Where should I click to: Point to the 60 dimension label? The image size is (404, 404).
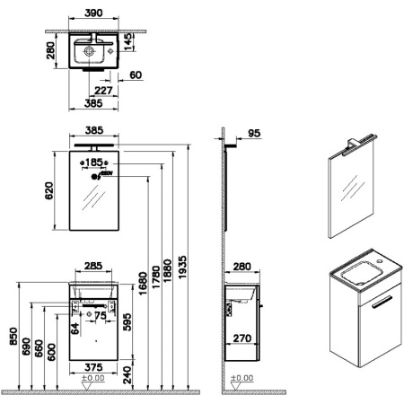136,76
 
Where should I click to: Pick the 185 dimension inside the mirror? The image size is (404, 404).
94,162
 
